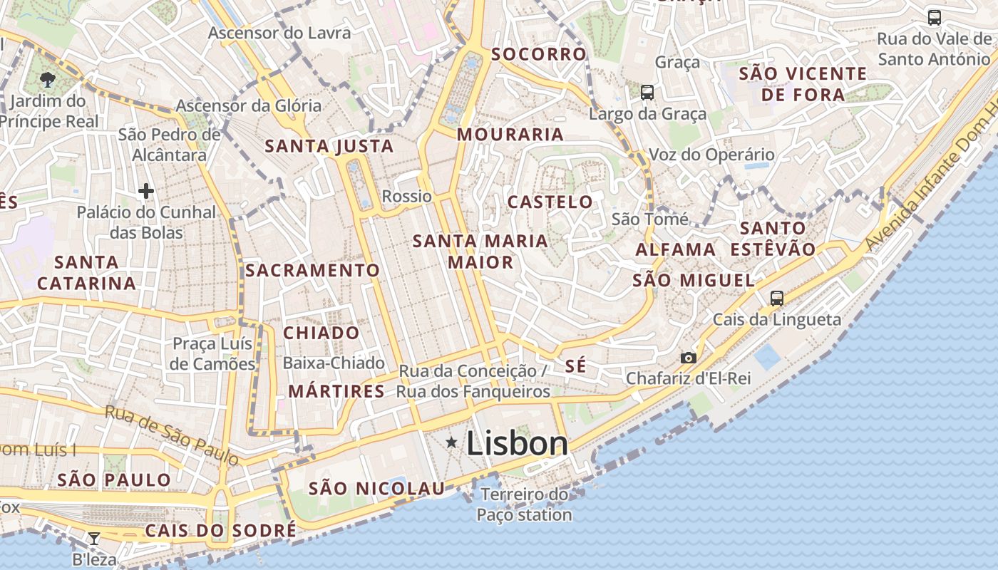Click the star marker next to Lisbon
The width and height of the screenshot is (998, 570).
451,443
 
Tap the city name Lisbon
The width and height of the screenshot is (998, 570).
517,444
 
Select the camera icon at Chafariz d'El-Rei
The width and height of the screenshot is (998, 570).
688,358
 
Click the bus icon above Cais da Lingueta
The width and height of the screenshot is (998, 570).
777,299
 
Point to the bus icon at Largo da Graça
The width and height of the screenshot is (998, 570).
647,92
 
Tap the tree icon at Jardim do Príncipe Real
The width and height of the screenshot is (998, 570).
48,79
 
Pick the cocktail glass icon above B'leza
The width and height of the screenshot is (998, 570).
93,538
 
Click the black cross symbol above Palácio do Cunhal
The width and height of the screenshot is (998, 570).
146,191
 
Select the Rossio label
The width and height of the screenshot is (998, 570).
407,196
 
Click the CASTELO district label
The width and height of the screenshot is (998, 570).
550,202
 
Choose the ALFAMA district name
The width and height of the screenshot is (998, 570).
676,249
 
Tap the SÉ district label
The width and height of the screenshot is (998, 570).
575,366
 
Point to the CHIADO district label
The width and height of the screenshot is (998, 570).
321,333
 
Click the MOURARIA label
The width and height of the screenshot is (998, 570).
510,134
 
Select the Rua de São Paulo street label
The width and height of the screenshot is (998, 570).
172,435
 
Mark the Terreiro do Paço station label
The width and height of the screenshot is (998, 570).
525,504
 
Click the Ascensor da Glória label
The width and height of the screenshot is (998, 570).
249,105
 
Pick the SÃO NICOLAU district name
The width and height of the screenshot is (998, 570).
376,489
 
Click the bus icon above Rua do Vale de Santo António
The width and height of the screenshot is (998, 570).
934,18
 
